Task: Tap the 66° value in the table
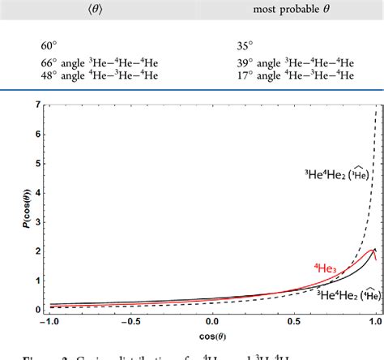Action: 49,63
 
